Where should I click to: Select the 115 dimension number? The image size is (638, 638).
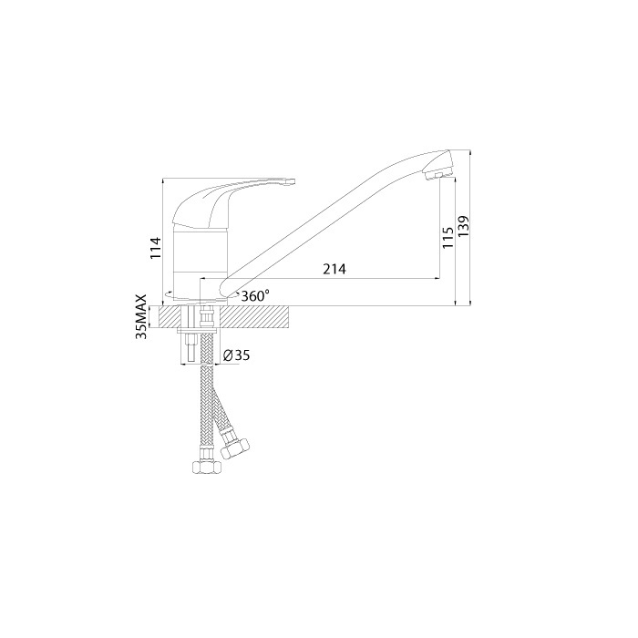(x=448, y=239)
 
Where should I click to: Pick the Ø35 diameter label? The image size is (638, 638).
(x=236, y=355)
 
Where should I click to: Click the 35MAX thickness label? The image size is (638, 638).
(x=141, y=317)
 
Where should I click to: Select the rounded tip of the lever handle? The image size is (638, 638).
(x=291, y=182)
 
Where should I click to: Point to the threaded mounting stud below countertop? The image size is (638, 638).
(x=192, y=349)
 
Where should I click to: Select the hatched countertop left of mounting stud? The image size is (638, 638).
(x=170, y=317)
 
